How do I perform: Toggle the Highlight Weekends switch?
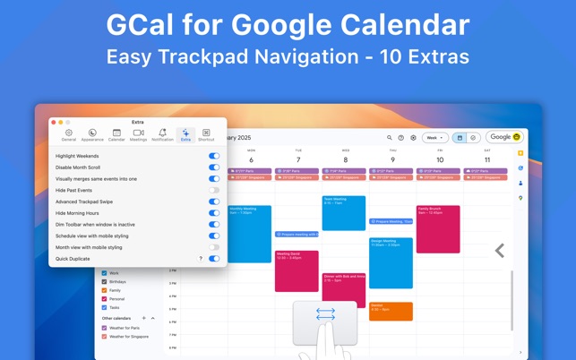pyautogui.click(x=214, y=156)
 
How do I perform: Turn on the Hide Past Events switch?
pyautogui.click(x=214, y=190)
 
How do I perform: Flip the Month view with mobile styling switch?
pyautogui.click(x=214, y=247)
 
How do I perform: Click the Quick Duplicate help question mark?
pyautogui.click(x=201, y=259)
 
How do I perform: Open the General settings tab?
pyautogui.click(x=69, y=134)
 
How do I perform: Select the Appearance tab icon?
pyautogui.click(x=92, y=134)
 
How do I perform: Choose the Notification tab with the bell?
pyautogui.click(x=162, y=134)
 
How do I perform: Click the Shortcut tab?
pyautogui.click(x=206, y=134)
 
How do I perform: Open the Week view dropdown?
pyautogui.click(x=435, y=138)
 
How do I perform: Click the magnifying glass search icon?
pyautogui.click(x=390, y=138)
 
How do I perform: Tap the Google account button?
pyautogui.click(x=504, y=137)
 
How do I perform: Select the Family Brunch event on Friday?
pyautogui.click(x=438, y=228)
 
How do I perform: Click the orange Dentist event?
pyautogui.click(x=391, y=311)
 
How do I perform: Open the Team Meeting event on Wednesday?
pyautogui.click(x=344, y=213)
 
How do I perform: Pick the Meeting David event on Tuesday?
pyautogui.click(x=297, y=270)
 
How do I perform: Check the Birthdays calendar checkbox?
pyautogui.click(x=104, y=281)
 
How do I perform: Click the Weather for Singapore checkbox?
pyautogui.click(x=104, y=336)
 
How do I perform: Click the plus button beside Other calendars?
pyautogui.click(x=144, y=318)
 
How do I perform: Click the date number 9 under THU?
pyautogui.click(x=392, y=160)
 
